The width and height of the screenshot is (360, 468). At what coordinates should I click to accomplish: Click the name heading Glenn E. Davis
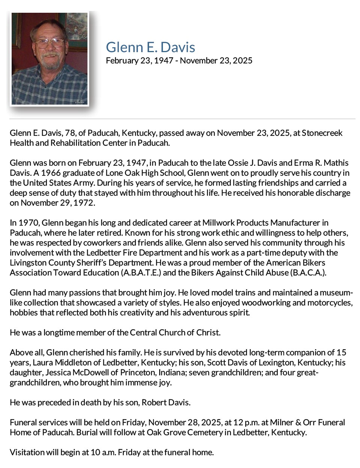[150, 47]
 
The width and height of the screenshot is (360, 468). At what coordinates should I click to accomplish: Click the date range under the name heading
[179, 61]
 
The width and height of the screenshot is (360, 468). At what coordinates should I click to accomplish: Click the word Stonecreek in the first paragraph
[322, 133]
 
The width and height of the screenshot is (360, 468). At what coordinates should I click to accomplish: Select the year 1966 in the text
[51, 173]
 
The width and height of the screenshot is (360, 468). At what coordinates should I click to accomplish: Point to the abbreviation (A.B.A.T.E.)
[141, 273]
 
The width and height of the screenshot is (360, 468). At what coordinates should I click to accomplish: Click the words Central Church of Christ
[175, 333]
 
